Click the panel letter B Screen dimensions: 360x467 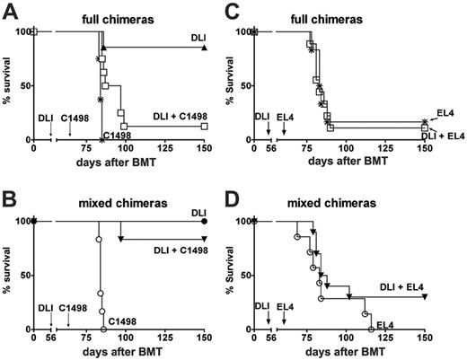coord(8,193)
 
